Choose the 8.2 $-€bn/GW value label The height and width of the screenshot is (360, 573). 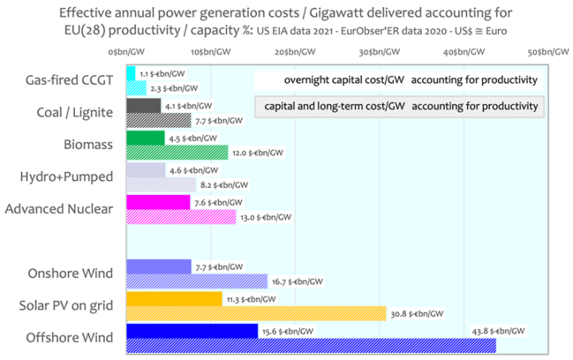point(228,185)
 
